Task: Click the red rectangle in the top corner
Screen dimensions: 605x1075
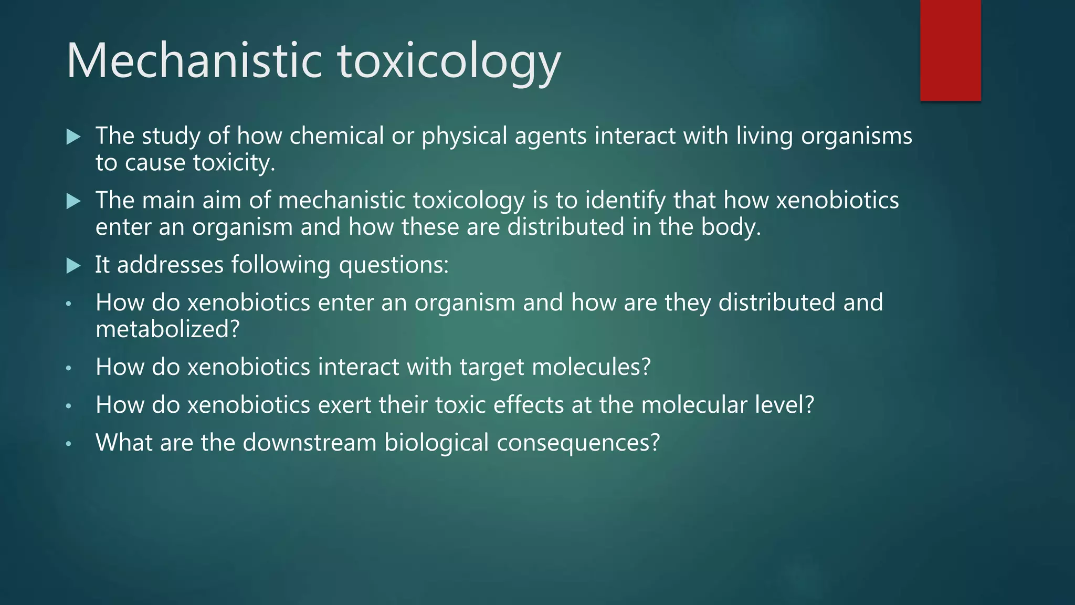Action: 950,50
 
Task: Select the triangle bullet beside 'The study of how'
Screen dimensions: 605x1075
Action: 73,137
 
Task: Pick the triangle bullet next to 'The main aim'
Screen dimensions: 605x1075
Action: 73,201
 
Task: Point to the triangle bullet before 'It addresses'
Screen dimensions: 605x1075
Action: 73,266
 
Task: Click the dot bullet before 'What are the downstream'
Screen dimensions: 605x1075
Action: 68,444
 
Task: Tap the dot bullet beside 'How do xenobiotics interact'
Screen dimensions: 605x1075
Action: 68,368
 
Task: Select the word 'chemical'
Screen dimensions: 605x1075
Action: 336,135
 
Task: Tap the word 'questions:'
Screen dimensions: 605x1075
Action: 394,265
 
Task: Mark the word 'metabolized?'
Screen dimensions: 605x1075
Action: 167,329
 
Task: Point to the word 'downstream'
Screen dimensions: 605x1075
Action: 309,443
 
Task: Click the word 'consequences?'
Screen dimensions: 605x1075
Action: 578,443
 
